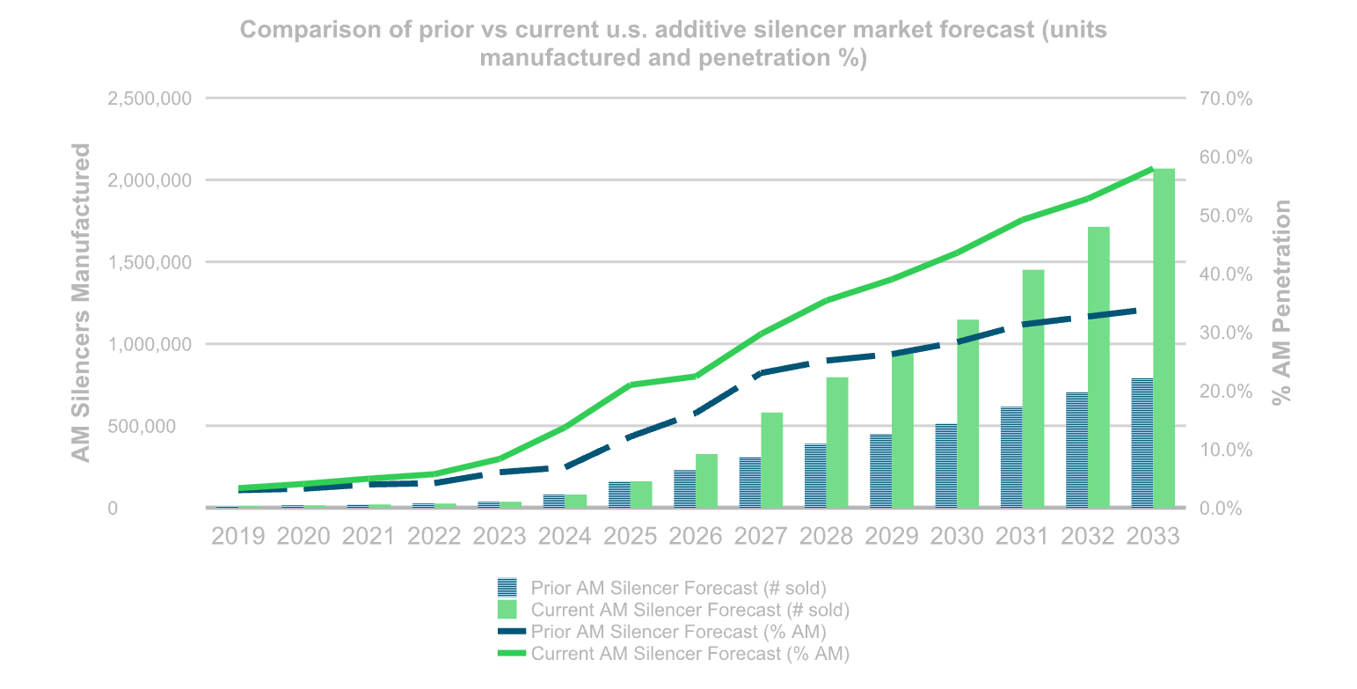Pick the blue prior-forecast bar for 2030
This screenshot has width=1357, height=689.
tap(945, 465)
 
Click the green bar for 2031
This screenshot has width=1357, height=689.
tap(1033, 388)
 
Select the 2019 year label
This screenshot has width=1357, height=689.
tap(238, 536)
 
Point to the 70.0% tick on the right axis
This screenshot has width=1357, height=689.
tap(1224, 99)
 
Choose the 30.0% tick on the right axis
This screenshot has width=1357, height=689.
tap(1224, 333)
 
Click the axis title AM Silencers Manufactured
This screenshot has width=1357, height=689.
tap(81, 303)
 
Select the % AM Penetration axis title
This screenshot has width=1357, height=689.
tap(1283, 303)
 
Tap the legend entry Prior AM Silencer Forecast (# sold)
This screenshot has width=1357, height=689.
tap(678, 587)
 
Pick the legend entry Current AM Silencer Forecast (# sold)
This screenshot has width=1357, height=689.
tap(689, 609)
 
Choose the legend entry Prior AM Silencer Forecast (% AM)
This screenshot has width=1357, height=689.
tap(678, 631)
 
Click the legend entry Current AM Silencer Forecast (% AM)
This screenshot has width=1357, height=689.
tap(689, 654)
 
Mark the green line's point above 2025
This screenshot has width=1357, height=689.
tap(631, 385)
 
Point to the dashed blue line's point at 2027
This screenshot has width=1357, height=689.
tap(762, 373)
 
